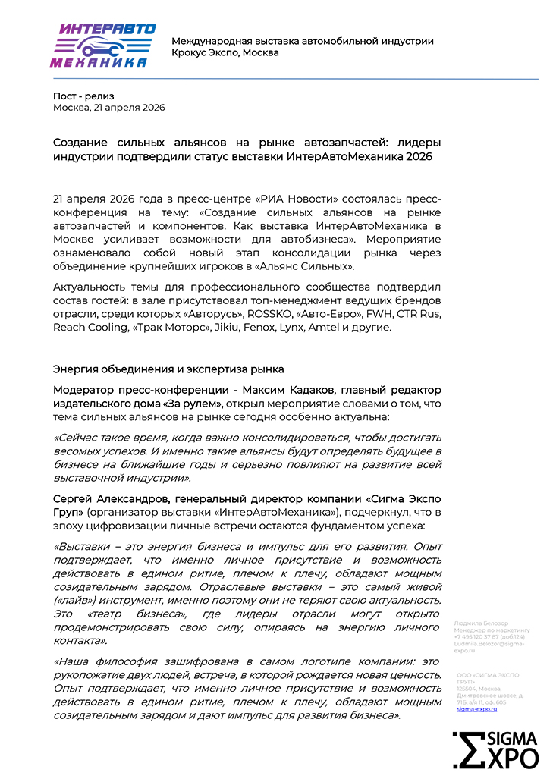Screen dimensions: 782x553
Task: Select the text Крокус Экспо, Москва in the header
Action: click(225, 53)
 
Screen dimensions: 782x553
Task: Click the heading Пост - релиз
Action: click(82, 96)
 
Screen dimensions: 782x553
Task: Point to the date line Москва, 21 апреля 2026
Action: click(108, 108)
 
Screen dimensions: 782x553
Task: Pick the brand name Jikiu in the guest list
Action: click(251, 328)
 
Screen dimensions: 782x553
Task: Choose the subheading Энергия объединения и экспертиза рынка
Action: click(168, 369)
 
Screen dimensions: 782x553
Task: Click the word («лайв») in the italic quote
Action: click(73, 600)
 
